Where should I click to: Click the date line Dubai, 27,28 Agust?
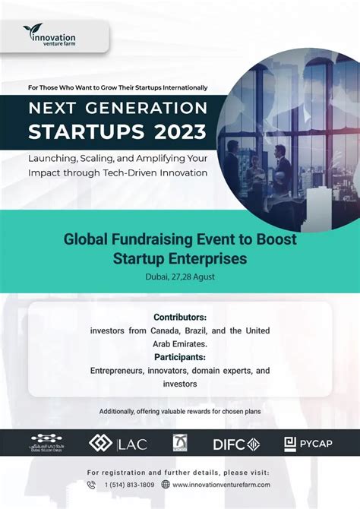tap(180, 276)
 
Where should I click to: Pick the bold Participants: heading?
tap(180, 356)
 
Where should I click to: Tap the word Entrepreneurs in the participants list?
tap(122, 370)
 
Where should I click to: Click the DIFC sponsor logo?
tap(235, 444)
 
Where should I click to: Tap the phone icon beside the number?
tap(91, 485)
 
